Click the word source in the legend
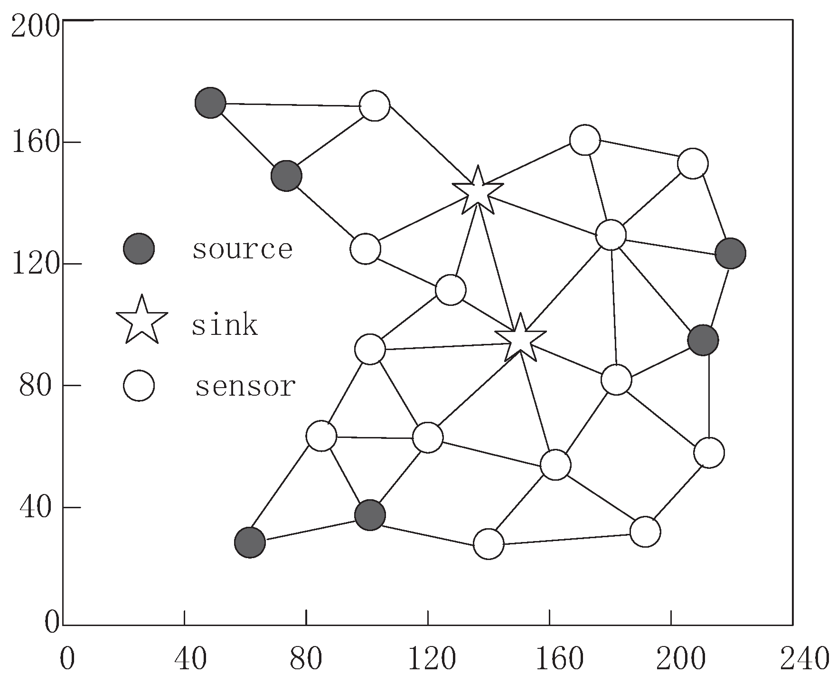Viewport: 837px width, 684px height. [x=242, y=249]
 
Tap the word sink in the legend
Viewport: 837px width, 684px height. [x=225, y=325]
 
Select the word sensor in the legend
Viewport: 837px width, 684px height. [x=245, y=386]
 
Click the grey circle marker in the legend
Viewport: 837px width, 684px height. [x=139, y=248]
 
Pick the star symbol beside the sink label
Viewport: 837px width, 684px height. [x=142, y=321]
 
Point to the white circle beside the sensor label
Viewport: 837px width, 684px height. [x=139, y=386]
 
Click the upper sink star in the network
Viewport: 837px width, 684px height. [x=478, y=191]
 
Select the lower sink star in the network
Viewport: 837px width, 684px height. [x=520, y=339]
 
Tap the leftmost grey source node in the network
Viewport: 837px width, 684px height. [x=210, y=102]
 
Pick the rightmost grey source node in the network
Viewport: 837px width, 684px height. [x=730, y=253]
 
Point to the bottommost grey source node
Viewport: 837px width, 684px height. [x=250, y=542]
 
